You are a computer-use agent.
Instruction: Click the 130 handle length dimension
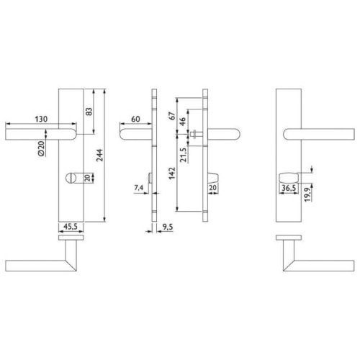[41, 120]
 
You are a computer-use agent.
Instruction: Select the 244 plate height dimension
[99, 155]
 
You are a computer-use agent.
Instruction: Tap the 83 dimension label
[89, 112]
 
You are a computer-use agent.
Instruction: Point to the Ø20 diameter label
[41, 148]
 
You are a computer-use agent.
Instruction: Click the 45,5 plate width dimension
[71, 226]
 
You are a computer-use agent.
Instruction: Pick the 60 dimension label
[135, 119]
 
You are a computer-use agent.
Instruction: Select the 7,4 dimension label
[138, 188]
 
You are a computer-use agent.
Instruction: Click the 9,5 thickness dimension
[167, 227]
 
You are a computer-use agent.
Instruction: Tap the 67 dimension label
[172, 116]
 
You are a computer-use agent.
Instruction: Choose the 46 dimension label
[183, 122]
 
